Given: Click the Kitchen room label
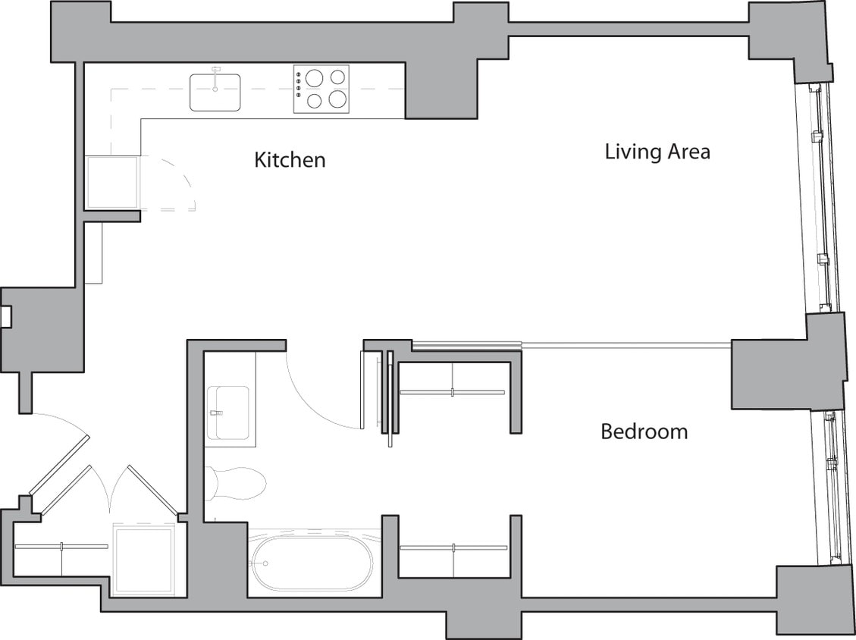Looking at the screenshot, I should [290, 160].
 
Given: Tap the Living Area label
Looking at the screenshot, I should [657, 151].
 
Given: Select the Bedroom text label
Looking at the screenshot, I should [644, 431].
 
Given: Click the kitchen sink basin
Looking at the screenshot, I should [215, 93].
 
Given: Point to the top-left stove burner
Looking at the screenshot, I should [315, 77].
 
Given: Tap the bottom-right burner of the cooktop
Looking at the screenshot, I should [338, 99].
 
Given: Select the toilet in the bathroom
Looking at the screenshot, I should [237, 483].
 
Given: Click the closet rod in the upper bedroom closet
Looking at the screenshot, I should [453, 392].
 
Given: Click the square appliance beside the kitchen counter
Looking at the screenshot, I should [111, 182].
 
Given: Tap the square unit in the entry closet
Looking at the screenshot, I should [143, 560].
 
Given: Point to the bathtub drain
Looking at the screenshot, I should [265, 563].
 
